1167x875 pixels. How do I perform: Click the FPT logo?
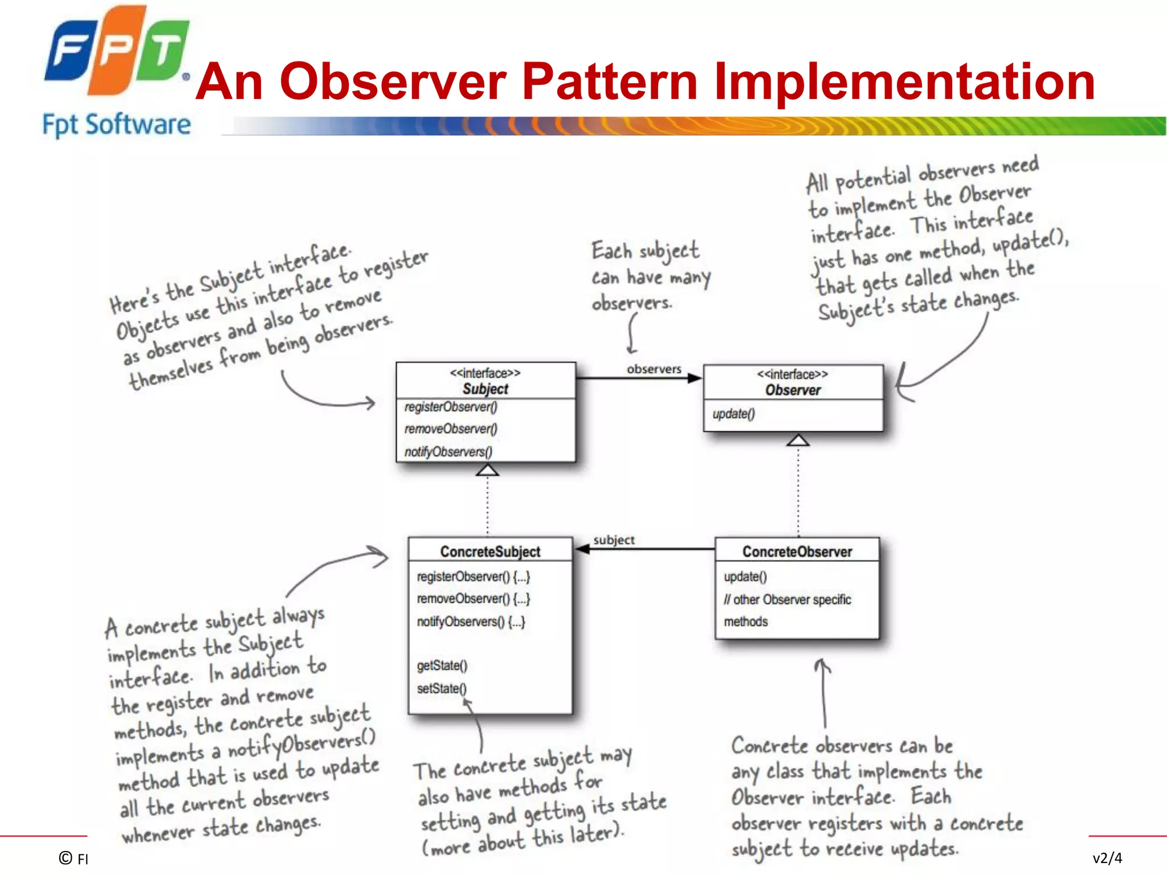coord(117,51)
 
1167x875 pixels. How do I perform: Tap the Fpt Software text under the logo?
coord(116,124)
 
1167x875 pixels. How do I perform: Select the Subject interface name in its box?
coord(485,389)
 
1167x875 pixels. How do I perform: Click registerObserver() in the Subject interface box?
coord(451,407)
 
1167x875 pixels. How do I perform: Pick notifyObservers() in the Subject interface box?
coord(448,452)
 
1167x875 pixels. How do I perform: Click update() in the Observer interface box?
coord(733,414)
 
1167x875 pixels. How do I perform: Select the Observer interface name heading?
coord(793,390)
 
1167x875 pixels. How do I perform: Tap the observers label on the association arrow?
coord(654,369)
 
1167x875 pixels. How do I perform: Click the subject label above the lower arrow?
coord(614,540)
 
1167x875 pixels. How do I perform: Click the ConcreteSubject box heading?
coord(490,551)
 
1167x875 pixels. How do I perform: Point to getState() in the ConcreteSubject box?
coord(442,665)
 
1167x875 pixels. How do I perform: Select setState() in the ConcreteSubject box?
coord(442,688)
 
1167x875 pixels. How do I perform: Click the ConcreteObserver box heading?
coord(797,551)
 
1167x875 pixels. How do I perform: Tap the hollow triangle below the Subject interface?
coord(487,470)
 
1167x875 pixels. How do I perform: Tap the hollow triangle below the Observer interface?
coord(798,440)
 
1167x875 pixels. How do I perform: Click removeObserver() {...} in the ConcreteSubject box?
coord(473,599)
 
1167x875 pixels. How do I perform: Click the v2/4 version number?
coord(1107,858)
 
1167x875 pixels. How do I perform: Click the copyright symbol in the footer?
coord(66,858)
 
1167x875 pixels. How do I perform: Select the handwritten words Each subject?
coord(645,251)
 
